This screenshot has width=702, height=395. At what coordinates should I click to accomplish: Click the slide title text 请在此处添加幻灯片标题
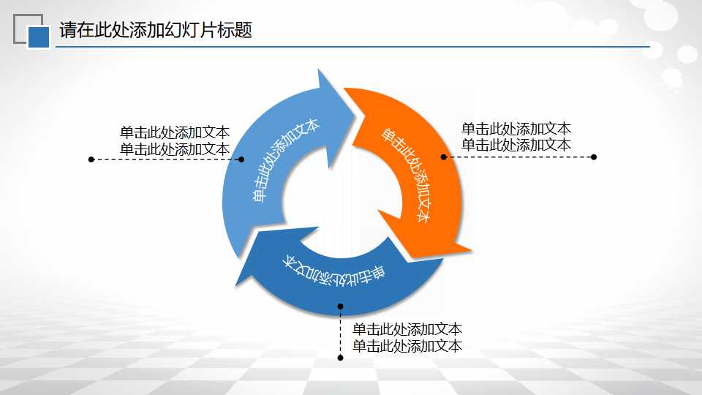(x=156, y=31)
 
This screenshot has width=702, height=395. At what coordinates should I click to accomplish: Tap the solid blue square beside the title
(x=39, y=37)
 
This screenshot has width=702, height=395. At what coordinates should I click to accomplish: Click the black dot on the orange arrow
(x=443, y=157)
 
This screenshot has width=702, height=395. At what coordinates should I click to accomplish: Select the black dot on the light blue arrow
(x=242, y=158)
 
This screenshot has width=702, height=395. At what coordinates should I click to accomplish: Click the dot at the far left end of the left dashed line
(x=91, y=159)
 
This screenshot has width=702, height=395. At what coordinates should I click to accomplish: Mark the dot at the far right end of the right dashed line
(x=594, y=157)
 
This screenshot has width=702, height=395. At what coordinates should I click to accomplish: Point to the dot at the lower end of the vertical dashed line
(x=340, y=358)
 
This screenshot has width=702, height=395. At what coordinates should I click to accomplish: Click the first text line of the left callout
(x=175, y=132)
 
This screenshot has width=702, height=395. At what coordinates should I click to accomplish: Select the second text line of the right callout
(x=516, y=145)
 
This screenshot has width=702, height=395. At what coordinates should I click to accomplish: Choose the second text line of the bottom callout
(x=407, y=346)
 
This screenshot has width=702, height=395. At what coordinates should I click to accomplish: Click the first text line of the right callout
(x=516, y=129)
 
